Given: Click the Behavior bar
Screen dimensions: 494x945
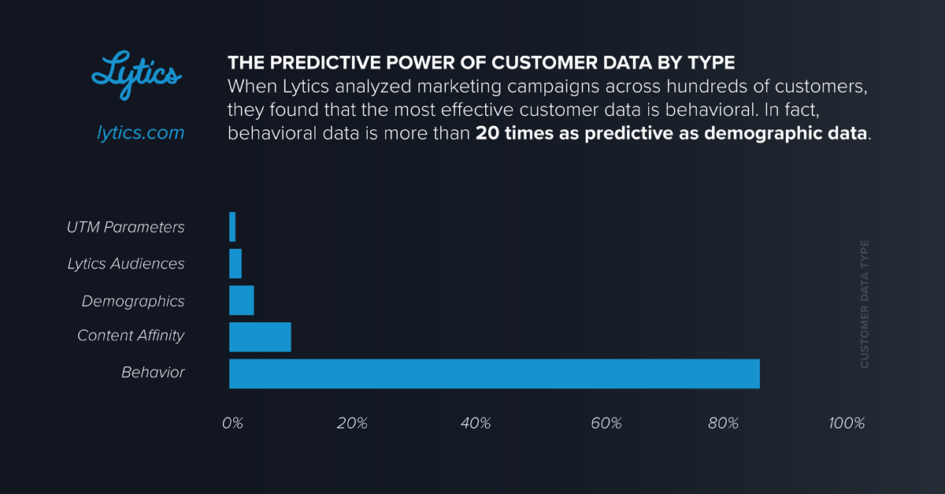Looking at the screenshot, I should pyautogui.click(x=494, y=373).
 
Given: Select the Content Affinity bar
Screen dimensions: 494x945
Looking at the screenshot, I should pyautogui.click(x=260, y=336).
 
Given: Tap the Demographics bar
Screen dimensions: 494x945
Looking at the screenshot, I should pyautogui.click(x=241, y=300).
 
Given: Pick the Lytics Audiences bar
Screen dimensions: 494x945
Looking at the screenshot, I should pyautogui.click(x=235, y=263).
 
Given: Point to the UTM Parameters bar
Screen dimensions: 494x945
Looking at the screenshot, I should pyautogui.click(x=232, y=227).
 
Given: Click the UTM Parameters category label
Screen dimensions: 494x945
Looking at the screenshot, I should pyautogui.click(x=126, y=227).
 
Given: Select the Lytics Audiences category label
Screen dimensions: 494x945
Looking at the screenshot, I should pyautogui.click(x=126, y=264).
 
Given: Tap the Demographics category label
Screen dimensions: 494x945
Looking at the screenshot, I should pyautogui.click(x=133, y=301).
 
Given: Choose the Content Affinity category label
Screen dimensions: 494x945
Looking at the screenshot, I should pyautogui.click(x=131, y=336).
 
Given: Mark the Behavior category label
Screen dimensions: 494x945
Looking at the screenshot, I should pyautogui.click(x=153, y=372).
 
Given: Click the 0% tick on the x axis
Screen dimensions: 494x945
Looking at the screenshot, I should pyautogui.click(x=232, y=423).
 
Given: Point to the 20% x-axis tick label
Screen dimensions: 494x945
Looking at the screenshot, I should pyautogui.click(x=351, y=423).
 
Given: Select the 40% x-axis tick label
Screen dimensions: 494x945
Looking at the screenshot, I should pyautogui.click(x=476, y=423).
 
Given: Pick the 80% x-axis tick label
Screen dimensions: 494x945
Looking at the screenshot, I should pyautogui.click(x=723, y=423).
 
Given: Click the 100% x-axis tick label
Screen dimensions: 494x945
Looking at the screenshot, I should pyautogui.click(x=847, y=423).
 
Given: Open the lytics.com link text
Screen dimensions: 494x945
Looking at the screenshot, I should pyautogui.click(x=140, y=132).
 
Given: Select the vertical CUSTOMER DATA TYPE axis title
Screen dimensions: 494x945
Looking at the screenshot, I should pyautogui.click(x=865, y=304).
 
